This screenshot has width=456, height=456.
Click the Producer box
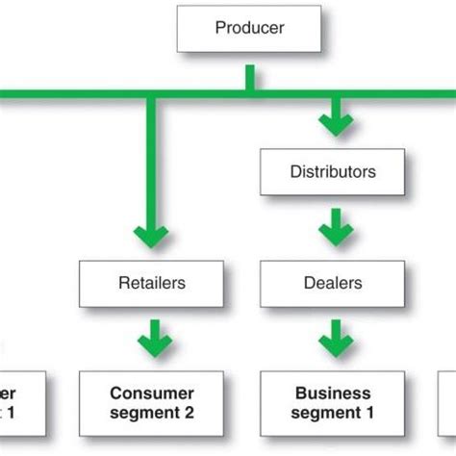[249, 29]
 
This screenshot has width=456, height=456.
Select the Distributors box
[332, 173]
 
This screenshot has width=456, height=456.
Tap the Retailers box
[151, 283]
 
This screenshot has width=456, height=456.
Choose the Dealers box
[332, 283]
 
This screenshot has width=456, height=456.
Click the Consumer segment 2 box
[151, 403]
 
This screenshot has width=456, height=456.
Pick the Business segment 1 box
[332, 403]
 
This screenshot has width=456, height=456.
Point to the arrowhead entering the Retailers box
[151, 236]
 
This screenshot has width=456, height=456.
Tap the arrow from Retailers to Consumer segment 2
[151, 339]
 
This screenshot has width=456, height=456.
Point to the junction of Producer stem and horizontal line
[249, 94]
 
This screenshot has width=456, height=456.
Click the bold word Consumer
[151, 393]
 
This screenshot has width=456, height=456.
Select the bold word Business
[332, 393]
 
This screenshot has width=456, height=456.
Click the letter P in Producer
[219, 29]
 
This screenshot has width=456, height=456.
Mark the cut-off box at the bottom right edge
[447, 403]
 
